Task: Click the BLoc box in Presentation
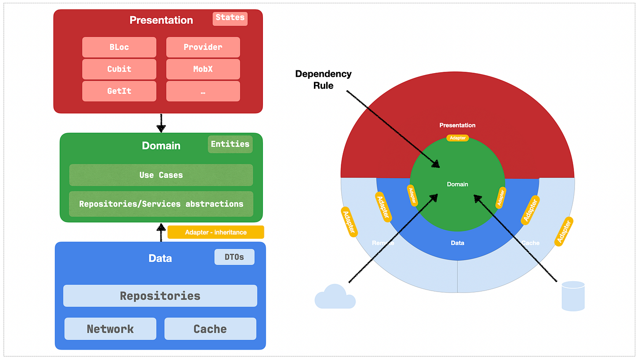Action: point(119,47)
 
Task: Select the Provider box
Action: point(203,47)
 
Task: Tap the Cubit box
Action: point(119,69)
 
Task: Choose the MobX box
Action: point(203,69)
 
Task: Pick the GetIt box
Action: point(119,91)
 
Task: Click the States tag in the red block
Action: point(230,18)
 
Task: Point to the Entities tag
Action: point(230,144)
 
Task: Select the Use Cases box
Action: point(161,175)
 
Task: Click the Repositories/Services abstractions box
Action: point(161,204)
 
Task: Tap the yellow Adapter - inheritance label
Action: point(216,232)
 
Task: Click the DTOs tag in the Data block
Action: point(234,257)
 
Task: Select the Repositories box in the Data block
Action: point(160,296)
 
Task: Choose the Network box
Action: point(110,329)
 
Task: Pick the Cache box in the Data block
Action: point(210,329)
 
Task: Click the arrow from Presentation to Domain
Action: point(161,123)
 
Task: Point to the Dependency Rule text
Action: point(323,80)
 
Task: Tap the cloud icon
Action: point(335,297)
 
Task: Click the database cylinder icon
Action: point(573,296)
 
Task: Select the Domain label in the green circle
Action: point(457,184)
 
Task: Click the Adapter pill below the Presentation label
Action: point(457,138)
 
